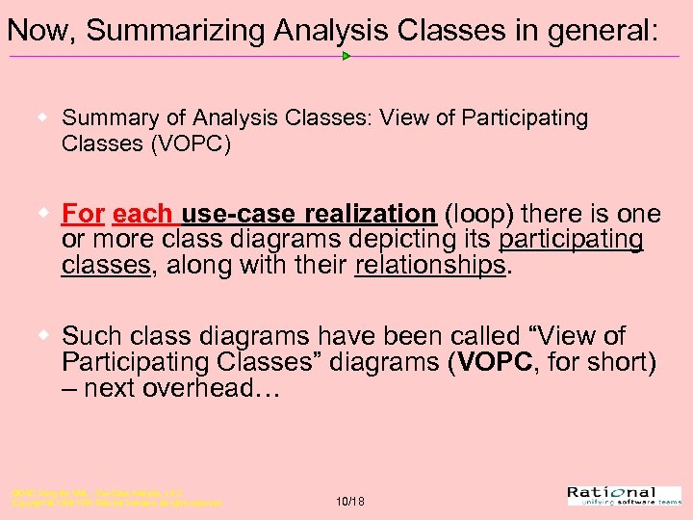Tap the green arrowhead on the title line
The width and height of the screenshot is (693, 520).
coord(346,56)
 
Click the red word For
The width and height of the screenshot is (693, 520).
coord(83,213)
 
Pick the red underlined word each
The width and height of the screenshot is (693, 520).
coord(142,213)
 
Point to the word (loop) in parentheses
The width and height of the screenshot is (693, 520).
coord(478,213)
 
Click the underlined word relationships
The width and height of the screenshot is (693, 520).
coord(429,265)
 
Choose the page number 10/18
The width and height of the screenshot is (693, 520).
coord(350,502)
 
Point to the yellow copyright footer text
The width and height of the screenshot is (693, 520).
coord(115,498)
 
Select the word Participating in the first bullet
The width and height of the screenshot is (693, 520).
coord(526,117)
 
